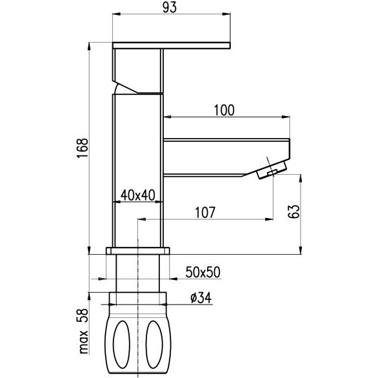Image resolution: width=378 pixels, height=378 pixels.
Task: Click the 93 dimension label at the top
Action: point(170,8)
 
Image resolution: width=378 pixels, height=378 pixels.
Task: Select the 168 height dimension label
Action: point(83,148)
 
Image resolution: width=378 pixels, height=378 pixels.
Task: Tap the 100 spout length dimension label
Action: point(224,110)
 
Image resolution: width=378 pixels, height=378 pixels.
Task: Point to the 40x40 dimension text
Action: point(138,195)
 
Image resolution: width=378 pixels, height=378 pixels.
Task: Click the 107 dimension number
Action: point(204,213)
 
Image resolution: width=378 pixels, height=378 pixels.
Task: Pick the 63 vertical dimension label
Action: point(294,212)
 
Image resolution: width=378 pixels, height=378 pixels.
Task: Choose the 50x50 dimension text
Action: point(203,272)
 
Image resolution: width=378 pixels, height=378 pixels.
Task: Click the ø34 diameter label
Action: point(201,297)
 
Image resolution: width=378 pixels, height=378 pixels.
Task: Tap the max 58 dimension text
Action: point(83,331)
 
